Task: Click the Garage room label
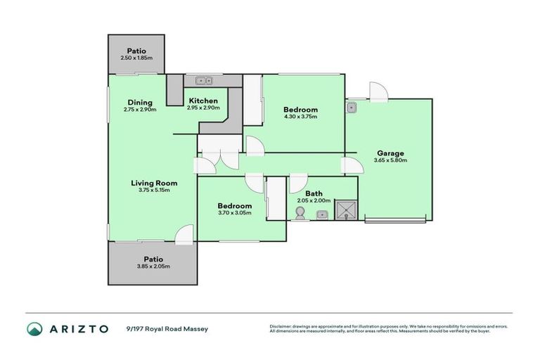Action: click(x=390, y=153)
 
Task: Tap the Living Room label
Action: click(x=154, y=183)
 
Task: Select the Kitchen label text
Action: click(x=202, y=101)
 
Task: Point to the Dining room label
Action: click(x=139, y=103)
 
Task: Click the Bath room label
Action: click(x=314, y=193)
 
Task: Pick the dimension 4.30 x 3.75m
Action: click(x=300, y=117)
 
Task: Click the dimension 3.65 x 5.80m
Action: click(x=390, y=160)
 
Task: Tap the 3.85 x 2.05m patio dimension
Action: click(x=153, y=266)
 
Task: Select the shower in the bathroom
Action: click(x=345, y=210)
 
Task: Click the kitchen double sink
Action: click(x=205, y=80)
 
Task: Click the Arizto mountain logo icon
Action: click(x=35, y=328)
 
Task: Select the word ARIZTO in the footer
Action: click(x=77, y=328)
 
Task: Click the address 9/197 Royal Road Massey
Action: click(x=167, y=328)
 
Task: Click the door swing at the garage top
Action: click(x=377, y=91)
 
